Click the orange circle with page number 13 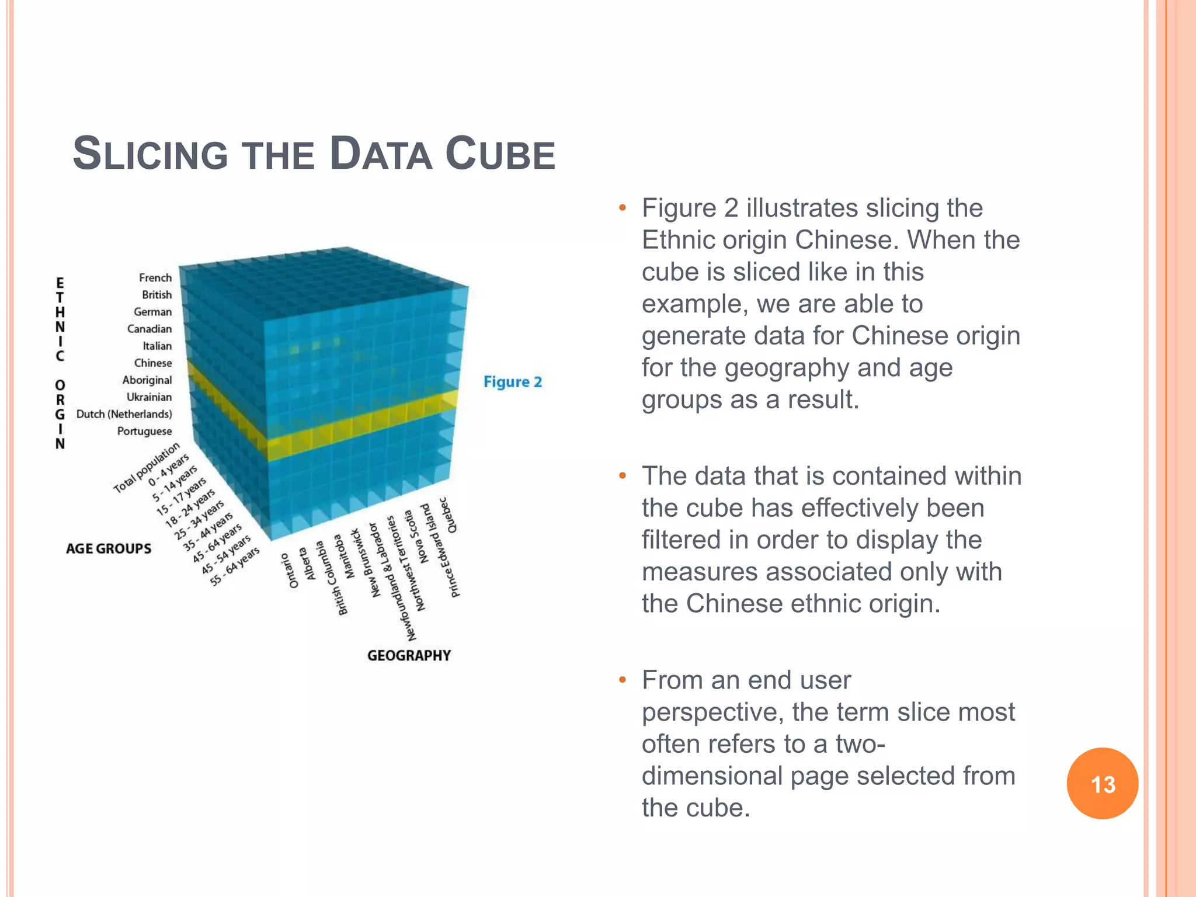click(1102, 783)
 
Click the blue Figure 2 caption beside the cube click(513, 382)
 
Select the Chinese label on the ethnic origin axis click(153, 363)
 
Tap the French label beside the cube click(155, 278)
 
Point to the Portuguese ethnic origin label click(145, 432)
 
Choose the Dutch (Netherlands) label click(124, 415)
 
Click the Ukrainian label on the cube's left click(149, 398)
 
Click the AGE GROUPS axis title click(109, 549)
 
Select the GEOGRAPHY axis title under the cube click(409, 656)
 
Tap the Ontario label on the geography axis click(290, 571)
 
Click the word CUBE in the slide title click(500, 154)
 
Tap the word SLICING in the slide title click(150, 154)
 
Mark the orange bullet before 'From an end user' click(623, 680)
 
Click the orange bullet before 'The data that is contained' click(623, 476)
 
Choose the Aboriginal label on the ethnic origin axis click(147, 380)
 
